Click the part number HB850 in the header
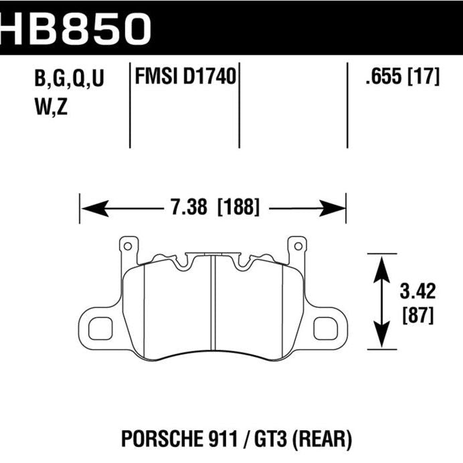[x=77, y=27]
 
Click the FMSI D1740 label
[x=185, y=78]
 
